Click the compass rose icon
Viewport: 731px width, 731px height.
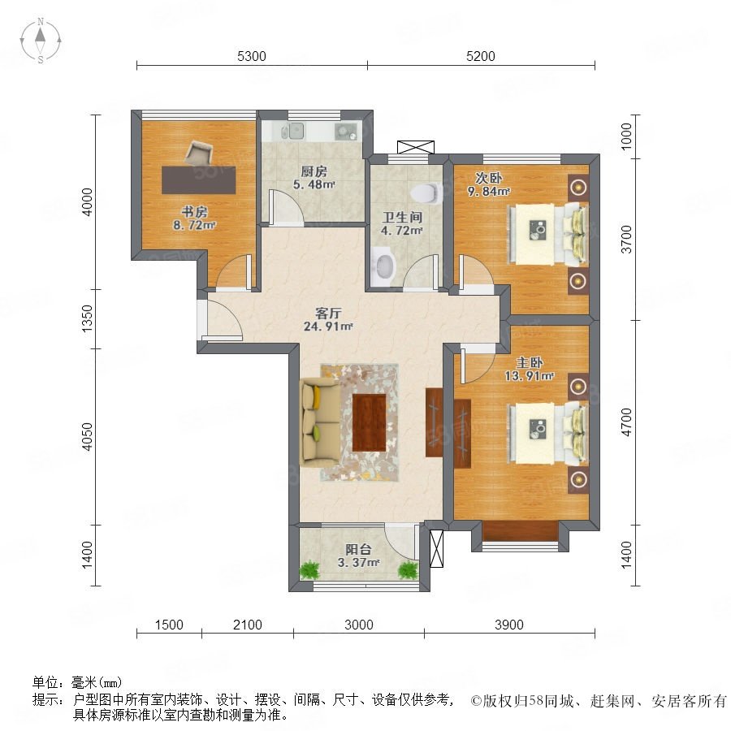(41, 41)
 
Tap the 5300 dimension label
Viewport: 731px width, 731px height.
(251, 56)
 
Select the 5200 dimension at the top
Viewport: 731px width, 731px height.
(480, 56)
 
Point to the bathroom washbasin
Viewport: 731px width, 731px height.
(383, 266)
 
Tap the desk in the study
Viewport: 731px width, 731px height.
(199, 180)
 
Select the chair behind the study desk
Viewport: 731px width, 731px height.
(199, 154)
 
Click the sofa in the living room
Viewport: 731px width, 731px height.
(320, 422)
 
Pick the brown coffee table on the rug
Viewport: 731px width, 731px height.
(369, 422)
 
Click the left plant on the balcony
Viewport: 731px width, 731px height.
(309, 569)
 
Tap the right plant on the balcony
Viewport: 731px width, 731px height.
(409, 569)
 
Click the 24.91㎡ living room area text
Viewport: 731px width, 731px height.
(328, 327)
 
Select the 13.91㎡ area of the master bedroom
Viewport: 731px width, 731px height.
(530, 376)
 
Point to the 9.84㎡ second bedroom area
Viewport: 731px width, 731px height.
(489, 191)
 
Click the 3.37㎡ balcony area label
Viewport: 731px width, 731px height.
(358, 563)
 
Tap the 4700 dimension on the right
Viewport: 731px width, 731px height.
(626, 422)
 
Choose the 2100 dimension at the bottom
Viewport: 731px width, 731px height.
(248, 625)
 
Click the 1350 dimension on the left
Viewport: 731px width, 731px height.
(88, 319)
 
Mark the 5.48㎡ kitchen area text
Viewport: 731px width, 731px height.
(314, 184)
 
